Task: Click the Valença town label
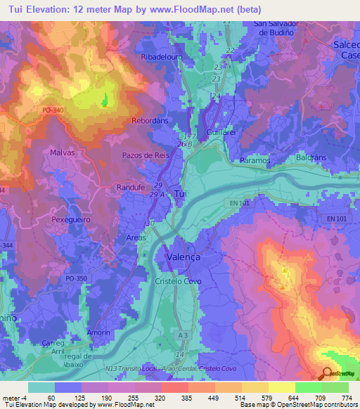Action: click(x=183, y=257)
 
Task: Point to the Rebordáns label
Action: click(x=150, y=121)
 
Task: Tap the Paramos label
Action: click(x=255, y=160)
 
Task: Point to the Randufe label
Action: click(x=131, y=188)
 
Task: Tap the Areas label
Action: click(x=136, y=238)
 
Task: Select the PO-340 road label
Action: click(x=53, y=110)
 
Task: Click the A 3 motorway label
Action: click(x=182, y=337)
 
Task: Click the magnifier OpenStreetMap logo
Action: click(x=327, y=373)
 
